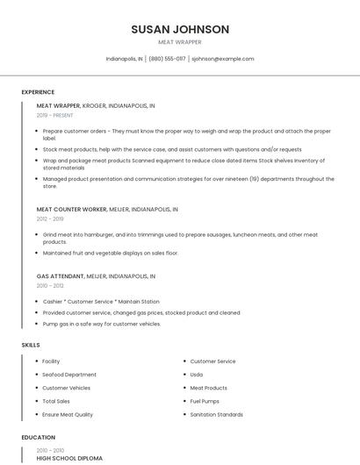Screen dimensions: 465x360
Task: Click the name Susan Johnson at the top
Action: click(180, 29)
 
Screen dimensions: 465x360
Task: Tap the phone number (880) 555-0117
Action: click(167, 59)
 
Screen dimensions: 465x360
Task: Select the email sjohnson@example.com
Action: click(222, 59)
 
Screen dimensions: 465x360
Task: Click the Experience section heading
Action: click(38, 92)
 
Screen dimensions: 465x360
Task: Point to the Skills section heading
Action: click(31, 345)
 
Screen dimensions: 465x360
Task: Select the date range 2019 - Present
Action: click(54, 115)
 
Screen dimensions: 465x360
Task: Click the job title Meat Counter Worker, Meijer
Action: click(107, 210)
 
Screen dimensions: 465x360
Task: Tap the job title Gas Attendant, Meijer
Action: click(96, 275)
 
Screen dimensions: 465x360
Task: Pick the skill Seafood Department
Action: click(69, 375)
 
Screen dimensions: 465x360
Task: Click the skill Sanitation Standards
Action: click(216, 414)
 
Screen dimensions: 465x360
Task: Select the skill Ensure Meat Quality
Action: click(68, 414)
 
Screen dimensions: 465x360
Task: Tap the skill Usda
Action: click(197, 375)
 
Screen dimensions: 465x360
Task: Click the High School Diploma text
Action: click(69, 458)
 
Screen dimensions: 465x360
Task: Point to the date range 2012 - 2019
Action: click(50, 219)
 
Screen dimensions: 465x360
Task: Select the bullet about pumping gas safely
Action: click(102, 324)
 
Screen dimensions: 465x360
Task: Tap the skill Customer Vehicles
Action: click(66, 388)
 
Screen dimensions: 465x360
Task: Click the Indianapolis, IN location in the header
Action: click(124, 59)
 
